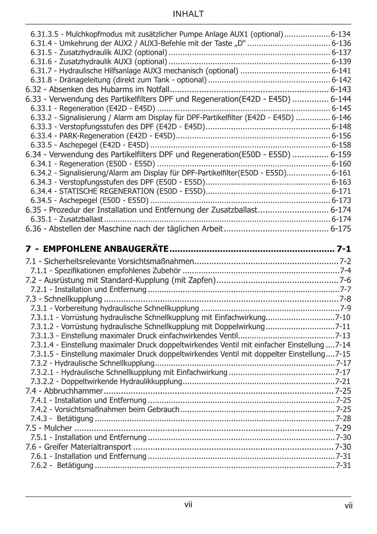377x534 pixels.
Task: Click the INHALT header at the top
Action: (188, 14)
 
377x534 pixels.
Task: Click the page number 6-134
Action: (341, 34)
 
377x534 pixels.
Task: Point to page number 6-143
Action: (340, 90)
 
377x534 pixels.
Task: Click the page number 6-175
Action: (340, 229)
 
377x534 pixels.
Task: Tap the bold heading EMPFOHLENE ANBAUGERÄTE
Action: (106, 249)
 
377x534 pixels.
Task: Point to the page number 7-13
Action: (343, 336)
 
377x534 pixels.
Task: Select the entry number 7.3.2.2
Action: (44, 382)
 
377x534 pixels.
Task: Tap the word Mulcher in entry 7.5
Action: (58, 428)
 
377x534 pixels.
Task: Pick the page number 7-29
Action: (343, 428)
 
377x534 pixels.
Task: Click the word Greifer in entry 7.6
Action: (57, 447)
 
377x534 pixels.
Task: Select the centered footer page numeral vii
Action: (188, 505)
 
